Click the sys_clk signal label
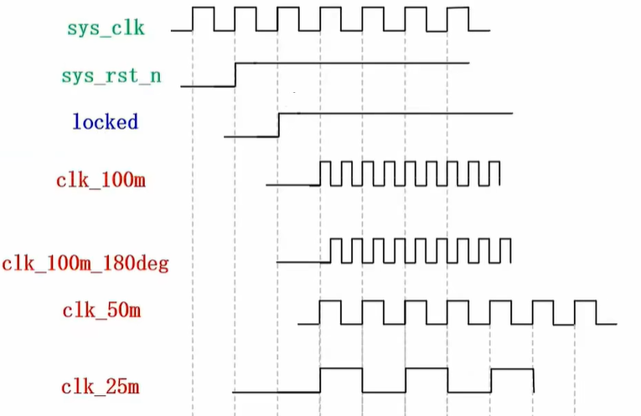click(106, 28)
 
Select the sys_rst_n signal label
click(111, 76)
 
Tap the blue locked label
click(106, 121)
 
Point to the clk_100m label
click(101, 180)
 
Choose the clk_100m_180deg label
click(85, 264)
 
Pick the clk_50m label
click(101, 311)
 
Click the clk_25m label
click(101, 387)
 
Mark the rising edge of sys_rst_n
click(235, 74)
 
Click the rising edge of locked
click(279, 125)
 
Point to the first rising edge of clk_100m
click(320, 173)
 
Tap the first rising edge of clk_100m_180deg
click(331, 250)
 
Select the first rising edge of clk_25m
click(320, 381)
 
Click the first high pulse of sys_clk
click(203, 7)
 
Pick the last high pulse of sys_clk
click(457, 8)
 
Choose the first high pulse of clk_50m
click(330, 300)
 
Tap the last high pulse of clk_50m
click(586, 300)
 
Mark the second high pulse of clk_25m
click(426, 368)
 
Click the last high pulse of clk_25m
click(512, 369)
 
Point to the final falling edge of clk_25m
click(534, 381)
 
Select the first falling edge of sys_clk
click(214, 18)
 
